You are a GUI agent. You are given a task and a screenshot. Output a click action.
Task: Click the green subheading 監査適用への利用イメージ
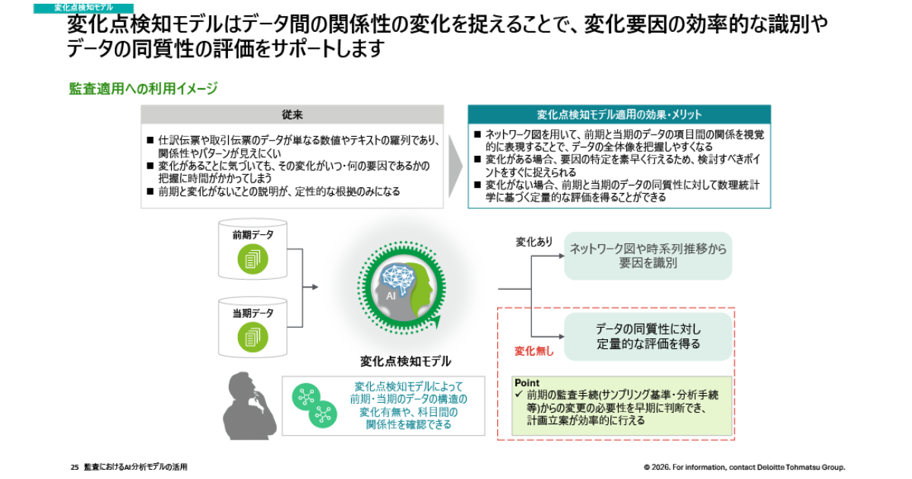point(143,89)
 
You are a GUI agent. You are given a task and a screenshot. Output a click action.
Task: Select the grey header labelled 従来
point(293,115)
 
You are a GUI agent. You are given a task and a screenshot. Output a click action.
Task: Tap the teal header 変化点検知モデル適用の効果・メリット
point(619,115)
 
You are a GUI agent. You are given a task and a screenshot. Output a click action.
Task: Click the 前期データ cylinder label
point(252,236)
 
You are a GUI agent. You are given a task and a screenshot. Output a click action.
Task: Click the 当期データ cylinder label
point(252,312)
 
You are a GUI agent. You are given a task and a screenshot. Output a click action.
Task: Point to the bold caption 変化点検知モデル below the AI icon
point(405,361)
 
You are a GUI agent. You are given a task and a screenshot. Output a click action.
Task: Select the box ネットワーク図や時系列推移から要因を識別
point(648,255)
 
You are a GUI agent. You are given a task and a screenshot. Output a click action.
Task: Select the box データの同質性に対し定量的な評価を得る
point(648,336)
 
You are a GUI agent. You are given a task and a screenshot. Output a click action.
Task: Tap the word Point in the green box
point(527,383)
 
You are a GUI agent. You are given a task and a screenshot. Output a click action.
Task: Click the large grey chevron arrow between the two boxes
point(454,157)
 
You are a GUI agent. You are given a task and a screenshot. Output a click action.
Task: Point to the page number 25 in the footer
point(74,467)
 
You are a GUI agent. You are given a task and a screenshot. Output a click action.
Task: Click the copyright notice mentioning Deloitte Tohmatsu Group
point(744,467)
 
